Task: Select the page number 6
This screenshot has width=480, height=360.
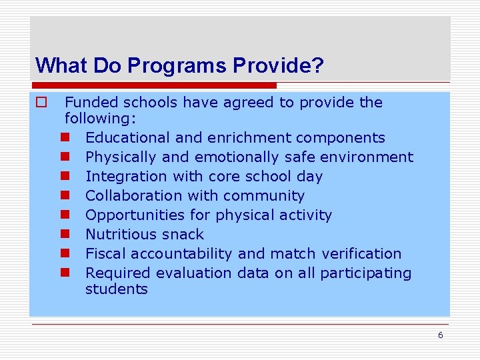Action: (x=440, y=335)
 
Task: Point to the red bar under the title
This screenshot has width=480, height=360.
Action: (x=153, y=85)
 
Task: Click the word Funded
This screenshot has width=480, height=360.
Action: (x=90, y=103)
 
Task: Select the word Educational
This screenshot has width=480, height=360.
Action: (x=127, y=138)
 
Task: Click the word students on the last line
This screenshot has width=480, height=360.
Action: (x=116, y=289)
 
